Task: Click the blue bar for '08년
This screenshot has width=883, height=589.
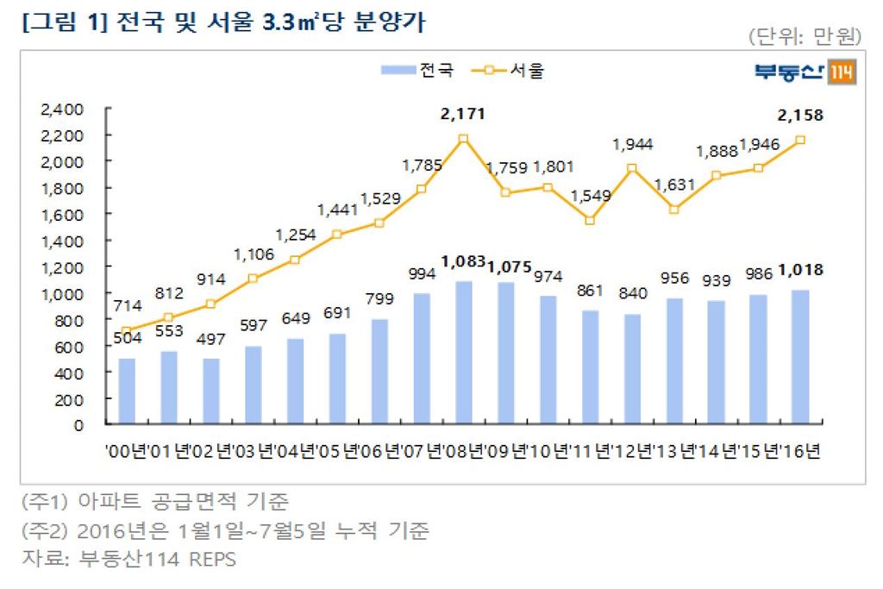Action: (x=463, y=353)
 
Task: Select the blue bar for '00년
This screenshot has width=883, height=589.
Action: (x=127, y=392)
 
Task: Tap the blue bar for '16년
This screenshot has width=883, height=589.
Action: (x=799, y=357)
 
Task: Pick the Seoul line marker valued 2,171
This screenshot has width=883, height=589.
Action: (x=463, y=139)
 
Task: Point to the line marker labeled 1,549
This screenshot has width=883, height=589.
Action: (x=590, y=220)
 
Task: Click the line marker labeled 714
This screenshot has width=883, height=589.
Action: (x=127, y=331)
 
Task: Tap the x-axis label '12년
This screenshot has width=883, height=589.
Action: (x=633, y=452)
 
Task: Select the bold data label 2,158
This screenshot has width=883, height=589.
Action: (x=801, y=116)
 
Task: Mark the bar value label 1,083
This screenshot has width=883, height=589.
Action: (x=463, y=260)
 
